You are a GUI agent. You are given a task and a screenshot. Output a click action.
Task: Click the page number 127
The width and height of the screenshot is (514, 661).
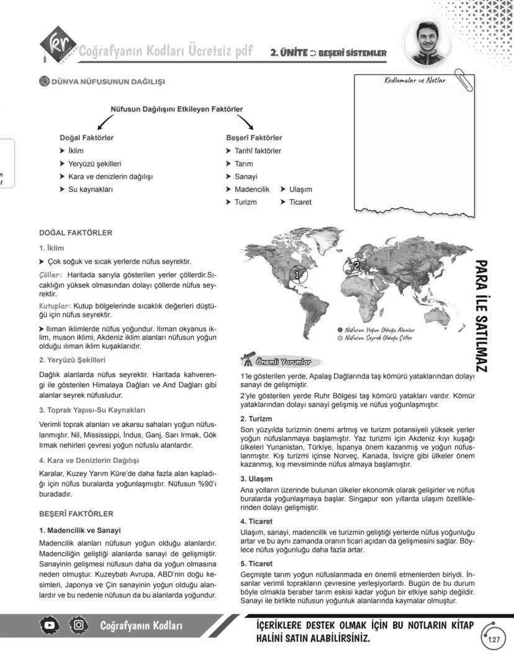pyautogui.click(x=494, y=640)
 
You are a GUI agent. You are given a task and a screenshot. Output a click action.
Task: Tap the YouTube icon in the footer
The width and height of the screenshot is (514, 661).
pyautogui.click(x=50, y=624)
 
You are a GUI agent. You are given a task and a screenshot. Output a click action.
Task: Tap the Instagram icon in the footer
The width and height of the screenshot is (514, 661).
pyautogui.click(x=79, y=624)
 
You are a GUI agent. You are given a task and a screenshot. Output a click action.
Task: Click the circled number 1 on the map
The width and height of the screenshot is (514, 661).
pyautogui.click(x=297, y=273)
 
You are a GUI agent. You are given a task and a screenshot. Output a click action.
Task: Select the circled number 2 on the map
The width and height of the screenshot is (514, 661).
pyautogui.click(x=356, y=265)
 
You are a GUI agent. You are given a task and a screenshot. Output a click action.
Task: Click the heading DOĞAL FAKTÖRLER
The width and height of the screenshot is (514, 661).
pyautogui.click(x=76, y=233)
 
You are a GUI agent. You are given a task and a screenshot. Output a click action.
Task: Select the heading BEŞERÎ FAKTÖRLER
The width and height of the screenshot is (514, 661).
pyautogui.click(x=76, y=514)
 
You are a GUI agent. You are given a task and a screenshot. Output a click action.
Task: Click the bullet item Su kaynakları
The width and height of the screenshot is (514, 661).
pyautogui.click(x=90, y=189)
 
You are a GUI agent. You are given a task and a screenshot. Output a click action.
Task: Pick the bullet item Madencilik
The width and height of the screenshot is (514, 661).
pyautogui.click(x=251, y=189)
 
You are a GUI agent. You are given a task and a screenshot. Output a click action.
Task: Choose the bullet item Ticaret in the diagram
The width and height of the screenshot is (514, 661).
pyautogui.click(x=300, y=202)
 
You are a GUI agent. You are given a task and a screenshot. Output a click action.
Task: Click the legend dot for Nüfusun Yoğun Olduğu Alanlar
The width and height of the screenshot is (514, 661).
pyautogui.click(x=340, y=330)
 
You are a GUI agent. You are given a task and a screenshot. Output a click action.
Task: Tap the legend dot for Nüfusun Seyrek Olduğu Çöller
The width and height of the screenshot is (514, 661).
pyautogui.click(x=340, y=339)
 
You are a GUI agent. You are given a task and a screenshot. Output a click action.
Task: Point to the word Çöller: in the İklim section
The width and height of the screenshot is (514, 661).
pyautogui.click(x=51, y=274)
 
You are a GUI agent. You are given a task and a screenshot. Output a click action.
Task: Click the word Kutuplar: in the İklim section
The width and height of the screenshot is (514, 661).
pyautogui.click(x=55, y=306)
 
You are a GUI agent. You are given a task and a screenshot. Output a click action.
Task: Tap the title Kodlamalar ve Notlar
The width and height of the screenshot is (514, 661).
pyautogui.click(x=415, y=80)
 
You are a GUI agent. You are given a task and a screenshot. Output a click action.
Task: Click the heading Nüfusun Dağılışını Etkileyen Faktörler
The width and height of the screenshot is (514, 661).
pyautogui.click(x=176, y=109)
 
